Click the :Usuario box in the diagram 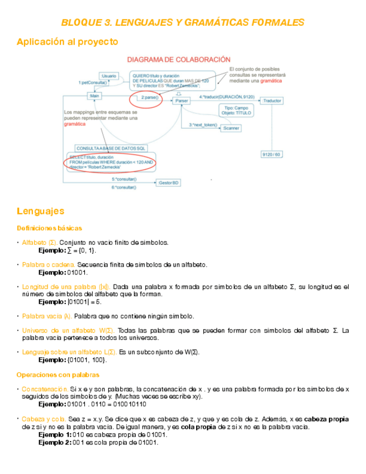click(x=108, y=75)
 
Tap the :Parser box click(x=181, y=101)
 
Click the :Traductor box click(x=272, y=101)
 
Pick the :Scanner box click(x=231, y=128)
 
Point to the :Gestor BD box click(x=168, y=183)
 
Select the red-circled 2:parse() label click(x=150, y=98)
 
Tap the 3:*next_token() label click(x=203, y=125)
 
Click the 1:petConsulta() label click(x=93, y=82)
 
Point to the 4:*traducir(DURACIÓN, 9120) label click(x=226, y=97)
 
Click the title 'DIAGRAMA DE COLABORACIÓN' click(x=179, y=59)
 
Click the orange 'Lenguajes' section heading click(x=40, y=211)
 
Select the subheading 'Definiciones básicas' click(x=49, y=228)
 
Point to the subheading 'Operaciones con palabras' click(x=58, y=375)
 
